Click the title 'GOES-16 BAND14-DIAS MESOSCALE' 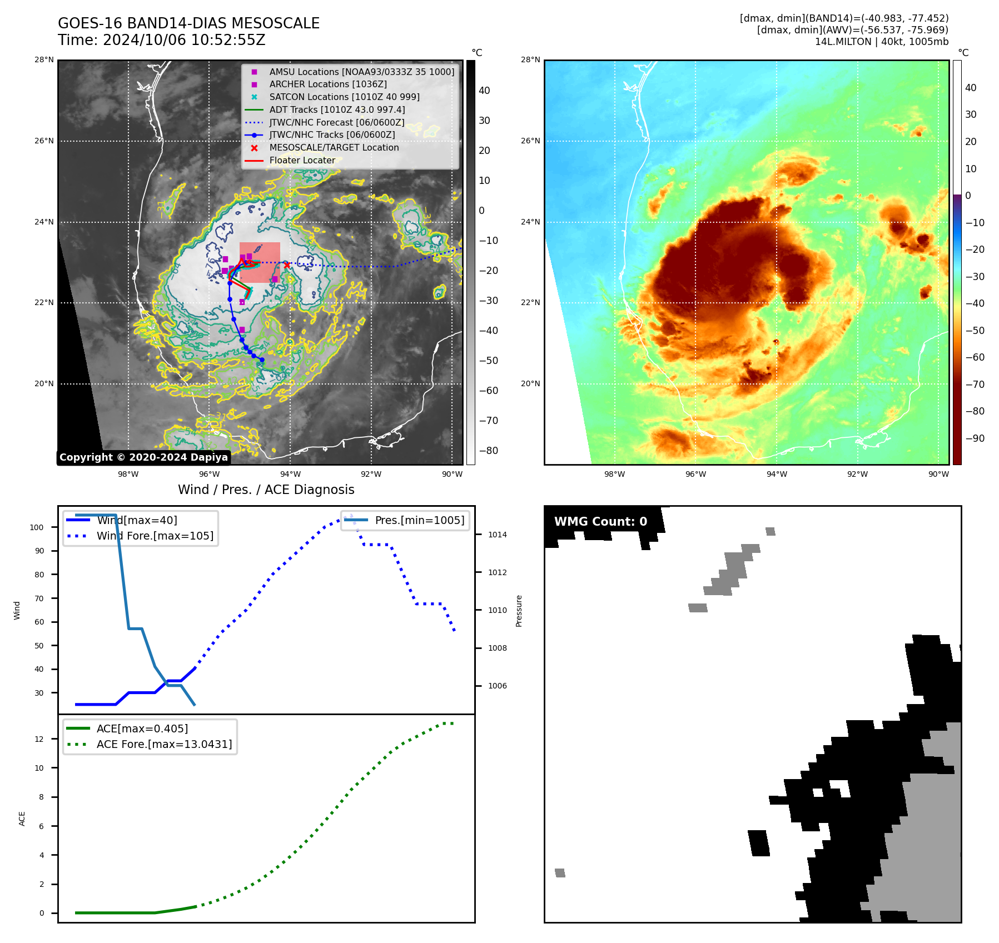[188, 23]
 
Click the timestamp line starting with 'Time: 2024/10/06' [161, 40]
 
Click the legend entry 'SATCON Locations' [344, 97]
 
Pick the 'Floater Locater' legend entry [302, 160]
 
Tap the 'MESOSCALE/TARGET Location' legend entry [334, 147]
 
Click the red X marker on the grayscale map [287, 265]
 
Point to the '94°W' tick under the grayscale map [290, 474]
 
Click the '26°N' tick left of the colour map [530, 141]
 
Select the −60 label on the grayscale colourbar [489, 391]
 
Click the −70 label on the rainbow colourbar [975, 385]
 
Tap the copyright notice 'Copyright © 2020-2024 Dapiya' [143, 457]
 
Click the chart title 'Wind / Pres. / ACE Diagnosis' [266, 490]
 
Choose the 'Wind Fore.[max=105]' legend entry [155, 536]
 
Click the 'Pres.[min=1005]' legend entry [419, 520]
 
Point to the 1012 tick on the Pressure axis [497, 572]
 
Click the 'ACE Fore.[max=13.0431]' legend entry [164, 744]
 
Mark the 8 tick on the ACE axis [42, 797]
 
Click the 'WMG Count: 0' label [600, 522]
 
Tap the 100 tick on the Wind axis [37, 527]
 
